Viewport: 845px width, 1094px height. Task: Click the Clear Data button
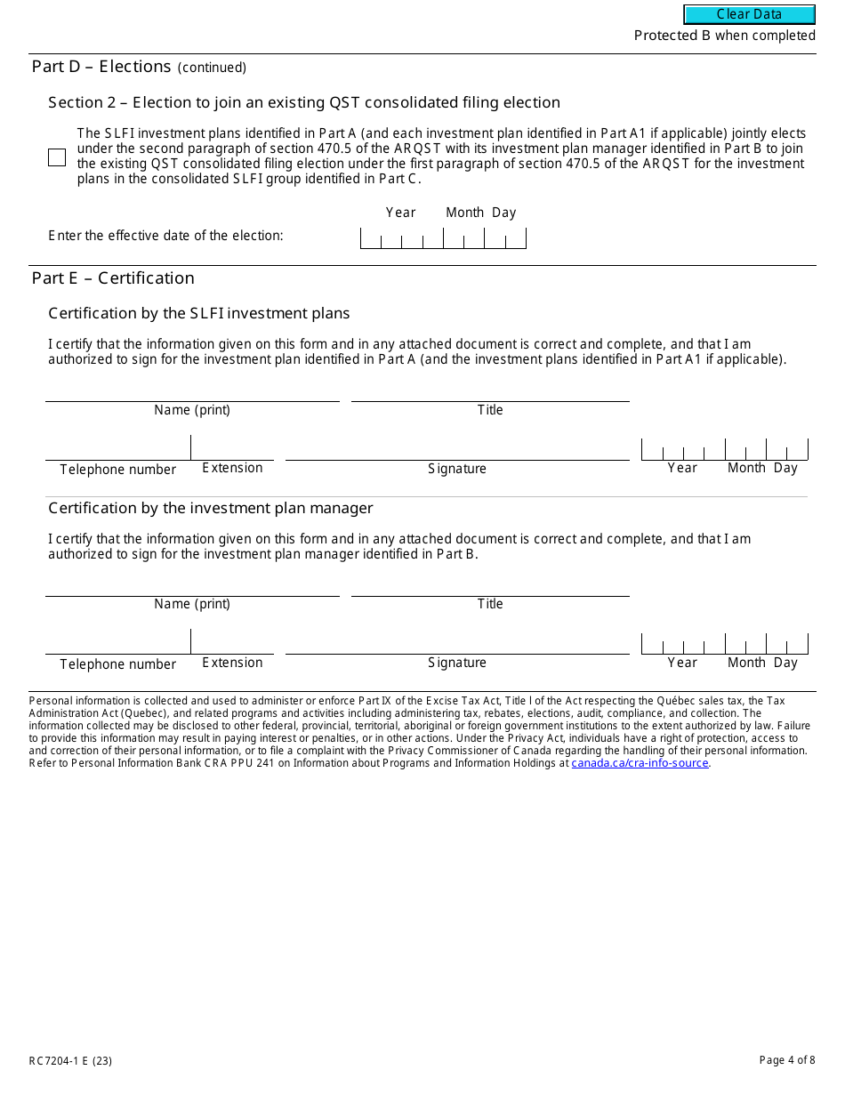[x=749, y=14]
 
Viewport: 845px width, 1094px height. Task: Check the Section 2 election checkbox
[x=57, y=157]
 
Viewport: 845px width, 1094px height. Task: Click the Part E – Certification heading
[x=113, y=278]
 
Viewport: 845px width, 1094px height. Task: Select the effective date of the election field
[x=443, y=237]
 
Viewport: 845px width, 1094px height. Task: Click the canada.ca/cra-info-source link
[x=640, y=763]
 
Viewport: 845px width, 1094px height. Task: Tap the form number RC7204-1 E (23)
[x=70, y=1060]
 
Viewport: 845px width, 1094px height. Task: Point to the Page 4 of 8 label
[x=786, y=1060]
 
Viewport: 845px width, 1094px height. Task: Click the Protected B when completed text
[x=724, y=36]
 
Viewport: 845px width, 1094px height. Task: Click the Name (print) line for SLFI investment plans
[x=192, y=392]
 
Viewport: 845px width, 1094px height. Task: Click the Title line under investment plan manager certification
[x=490, y=587]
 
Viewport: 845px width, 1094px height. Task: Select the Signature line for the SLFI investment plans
[x=457, y=450]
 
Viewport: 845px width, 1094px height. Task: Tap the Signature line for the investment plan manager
[x=457, y=644]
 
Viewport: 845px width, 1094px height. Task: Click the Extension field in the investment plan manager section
[x=232, y=643]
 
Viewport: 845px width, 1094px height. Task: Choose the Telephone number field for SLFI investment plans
[x=117, y=449]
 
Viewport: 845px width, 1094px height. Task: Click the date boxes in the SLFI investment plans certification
[x=724, y=449]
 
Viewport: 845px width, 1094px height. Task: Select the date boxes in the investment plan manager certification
[x=724, y=643]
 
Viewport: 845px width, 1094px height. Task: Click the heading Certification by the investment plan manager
[x=211, y=508]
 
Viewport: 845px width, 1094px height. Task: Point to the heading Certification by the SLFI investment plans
[x=199, y=313]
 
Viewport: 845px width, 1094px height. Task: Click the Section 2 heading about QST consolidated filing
[x=304, y=102]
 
